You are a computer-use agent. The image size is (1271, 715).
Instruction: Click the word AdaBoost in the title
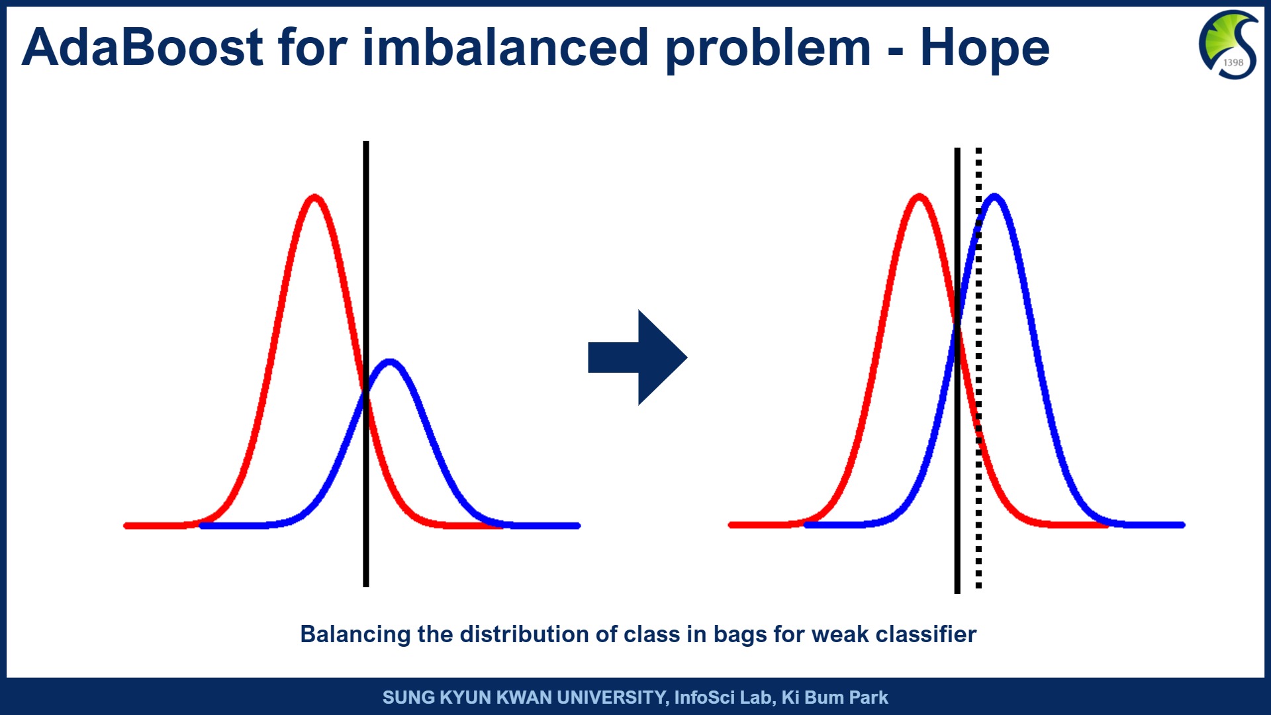click(x=143, y=48)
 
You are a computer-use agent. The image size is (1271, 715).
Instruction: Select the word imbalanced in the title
click(x=505, y=48)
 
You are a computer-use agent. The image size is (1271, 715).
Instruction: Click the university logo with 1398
click(x=1229, y=45)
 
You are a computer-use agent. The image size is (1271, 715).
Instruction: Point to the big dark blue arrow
click(x=637, y=358)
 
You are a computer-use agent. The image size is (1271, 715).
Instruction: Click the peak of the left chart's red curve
click(x=314, y=197)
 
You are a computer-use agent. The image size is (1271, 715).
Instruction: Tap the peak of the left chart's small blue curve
click(x=390, y=361)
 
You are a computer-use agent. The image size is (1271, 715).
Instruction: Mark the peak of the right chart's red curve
click(x=919, y=196)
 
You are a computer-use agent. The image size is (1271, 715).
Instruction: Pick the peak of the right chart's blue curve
click(x=994, y=196)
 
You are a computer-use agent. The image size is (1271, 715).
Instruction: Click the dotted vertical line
click(x=978, y=368)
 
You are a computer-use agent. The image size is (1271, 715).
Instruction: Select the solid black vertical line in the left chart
click(x=366, y=364)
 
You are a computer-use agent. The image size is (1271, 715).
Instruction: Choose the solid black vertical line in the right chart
click(x=957, y=371)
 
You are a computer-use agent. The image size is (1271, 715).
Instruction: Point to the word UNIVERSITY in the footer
click(x=612, y=697)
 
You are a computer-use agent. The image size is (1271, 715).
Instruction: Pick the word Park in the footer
click(x=869, y=697)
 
